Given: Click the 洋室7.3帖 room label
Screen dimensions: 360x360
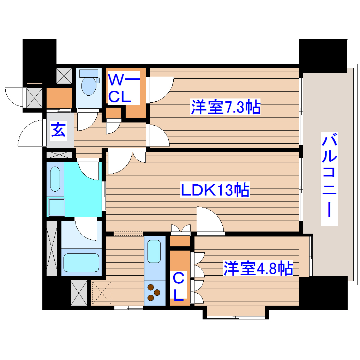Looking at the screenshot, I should pos(226,107).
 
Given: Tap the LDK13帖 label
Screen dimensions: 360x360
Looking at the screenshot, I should pos(215,191).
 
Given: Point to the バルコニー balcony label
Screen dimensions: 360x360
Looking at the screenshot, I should pos(330,179).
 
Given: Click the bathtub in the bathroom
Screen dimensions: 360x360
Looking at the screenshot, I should pos(81,262).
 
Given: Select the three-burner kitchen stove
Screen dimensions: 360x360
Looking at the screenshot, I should pos(154,292).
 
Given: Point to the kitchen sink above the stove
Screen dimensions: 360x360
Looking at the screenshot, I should pos(154,251).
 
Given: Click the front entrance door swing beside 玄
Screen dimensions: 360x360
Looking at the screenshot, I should pos(31,133).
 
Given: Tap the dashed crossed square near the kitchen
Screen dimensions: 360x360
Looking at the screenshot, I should pos(101,293).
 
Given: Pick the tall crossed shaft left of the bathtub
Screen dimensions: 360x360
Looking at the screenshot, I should pos(52,248).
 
